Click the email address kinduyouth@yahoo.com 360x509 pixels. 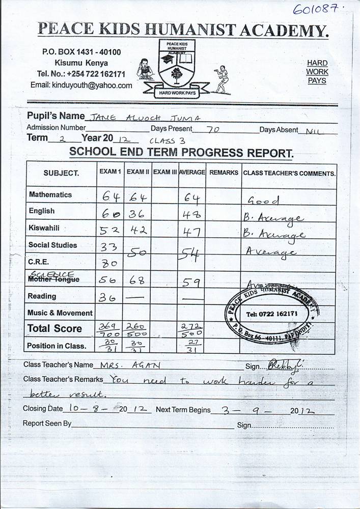[81, 86]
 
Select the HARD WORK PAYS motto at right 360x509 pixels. [317, 72]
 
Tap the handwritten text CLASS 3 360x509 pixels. [162, 140]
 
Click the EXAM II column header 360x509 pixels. [137, 172]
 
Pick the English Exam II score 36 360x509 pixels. [136, 213]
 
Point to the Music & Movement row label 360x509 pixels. [60, 313]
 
